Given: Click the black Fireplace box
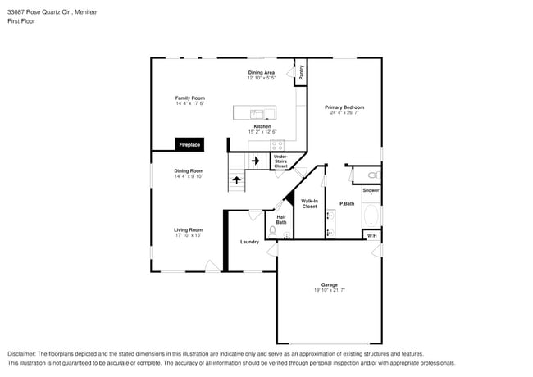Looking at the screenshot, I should coord(190,145).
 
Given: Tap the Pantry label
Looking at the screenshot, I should coord(302,72).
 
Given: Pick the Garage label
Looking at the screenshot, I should coord(329,285).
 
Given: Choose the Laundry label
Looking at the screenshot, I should coord(249,242).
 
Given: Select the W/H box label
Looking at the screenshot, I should coord(371,236).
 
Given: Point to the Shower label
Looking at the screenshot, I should coord(371,190).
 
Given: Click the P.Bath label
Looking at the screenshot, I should coord(347,203).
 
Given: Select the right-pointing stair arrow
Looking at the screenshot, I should coord(255,161).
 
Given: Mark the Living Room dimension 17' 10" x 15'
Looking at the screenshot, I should coord(188,235).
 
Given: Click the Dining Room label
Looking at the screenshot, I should coord(188,170).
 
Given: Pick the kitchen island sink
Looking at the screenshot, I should coord(256,113).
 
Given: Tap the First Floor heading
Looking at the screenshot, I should coord(21,21).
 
